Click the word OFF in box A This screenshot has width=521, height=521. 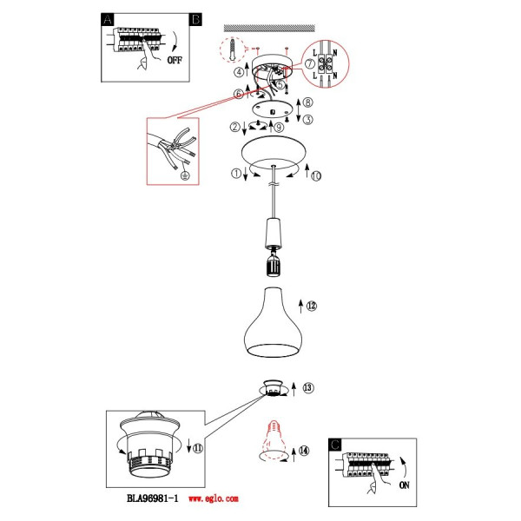point(175,60)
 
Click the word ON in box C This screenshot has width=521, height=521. point(404,485)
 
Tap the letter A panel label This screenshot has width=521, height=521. point(108,20)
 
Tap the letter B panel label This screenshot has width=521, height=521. point(195,20)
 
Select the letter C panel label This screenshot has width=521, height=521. point(334,445)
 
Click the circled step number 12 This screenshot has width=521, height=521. point(312,306)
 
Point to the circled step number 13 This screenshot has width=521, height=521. point(308,387)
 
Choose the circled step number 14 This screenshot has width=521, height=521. point(304,451)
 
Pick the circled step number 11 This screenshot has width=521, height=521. point(198,448)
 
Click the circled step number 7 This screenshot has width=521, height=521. point(310,63)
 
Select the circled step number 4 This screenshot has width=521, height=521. point(239,72)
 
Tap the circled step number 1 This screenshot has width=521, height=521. point(236,173)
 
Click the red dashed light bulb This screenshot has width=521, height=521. point(274,439)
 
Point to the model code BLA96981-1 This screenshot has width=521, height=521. point(153,498)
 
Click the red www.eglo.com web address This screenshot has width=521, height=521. point(214,498)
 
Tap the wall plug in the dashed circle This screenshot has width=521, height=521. point(234,49)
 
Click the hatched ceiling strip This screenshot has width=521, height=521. point(269,28)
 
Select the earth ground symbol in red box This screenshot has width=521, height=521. point(186,175)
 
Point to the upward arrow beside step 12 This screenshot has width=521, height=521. point(300,306)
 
